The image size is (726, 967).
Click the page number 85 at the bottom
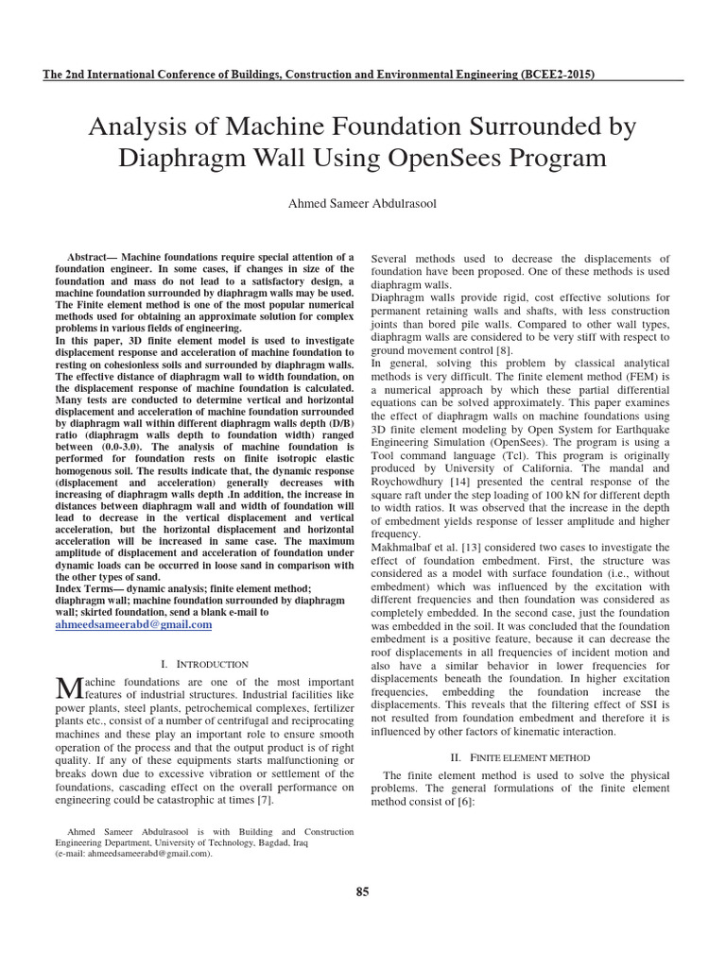click(x=362, y=893)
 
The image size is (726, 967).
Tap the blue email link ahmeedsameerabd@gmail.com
click(x=134, y=625)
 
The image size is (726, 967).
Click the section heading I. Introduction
click(x=206, y=664)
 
